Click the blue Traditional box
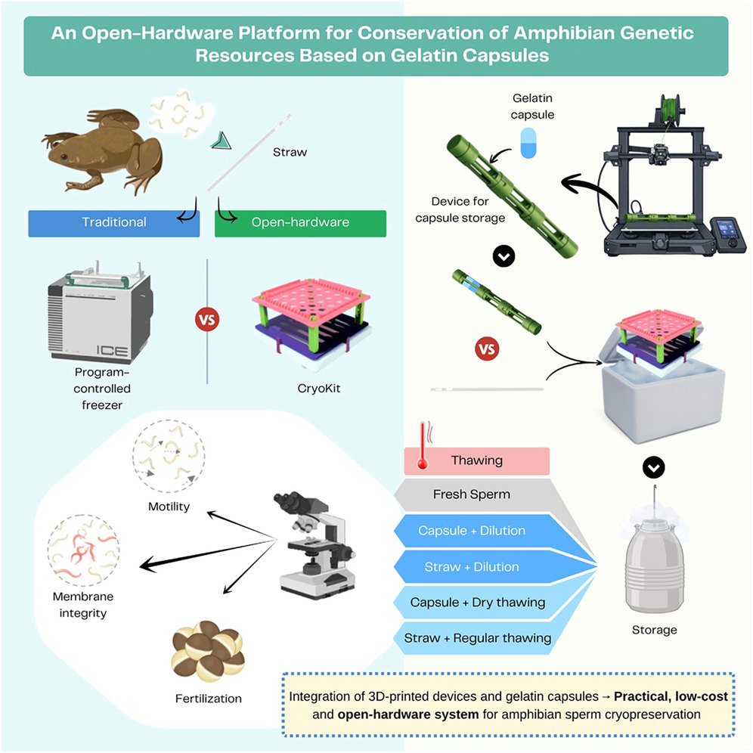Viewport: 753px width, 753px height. point(114,223)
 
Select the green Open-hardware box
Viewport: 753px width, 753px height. point(300,223)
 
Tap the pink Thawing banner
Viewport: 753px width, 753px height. point(476,461)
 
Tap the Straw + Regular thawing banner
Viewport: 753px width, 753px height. point(478,638)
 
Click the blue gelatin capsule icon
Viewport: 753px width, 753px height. point(528,143)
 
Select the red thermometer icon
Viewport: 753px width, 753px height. point(423,445)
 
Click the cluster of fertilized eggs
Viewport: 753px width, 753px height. point(207,651)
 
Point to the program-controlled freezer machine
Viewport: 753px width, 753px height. point(101,312)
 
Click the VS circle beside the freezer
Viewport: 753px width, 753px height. point(207,320)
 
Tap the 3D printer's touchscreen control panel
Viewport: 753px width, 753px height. point(727,236)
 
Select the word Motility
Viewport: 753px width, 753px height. point(169,507)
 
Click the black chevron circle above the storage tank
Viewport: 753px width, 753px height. point(654,466)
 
